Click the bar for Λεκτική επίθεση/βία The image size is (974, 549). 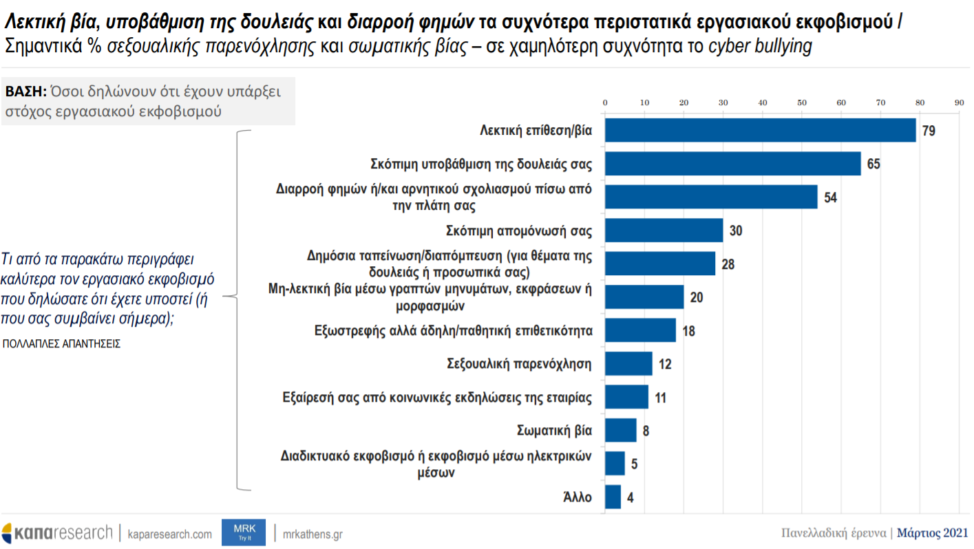click(760, 130)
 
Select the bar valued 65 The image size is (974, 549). click(732, 164)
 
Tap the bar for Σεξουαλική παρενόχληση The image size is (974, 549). click(628, 363)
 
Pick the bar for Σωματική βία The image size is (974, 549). click(620, 430)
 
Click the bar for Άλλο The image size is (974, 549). click(613, 497)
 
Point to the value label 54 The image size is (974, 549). click(830, 197)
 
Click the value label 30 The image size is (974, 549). click(736, 230)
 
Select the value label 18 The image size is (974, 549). click(688, 331)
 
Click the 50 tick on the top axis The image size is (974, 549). click(801, 103)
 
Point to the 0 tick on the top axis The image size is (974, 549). click(605, 103)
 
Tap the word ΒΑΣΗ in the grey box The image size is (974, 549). click(25, 91)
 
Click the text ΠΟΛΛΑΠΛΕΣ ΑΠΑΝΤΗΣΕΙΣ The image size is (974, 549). click(61, 343)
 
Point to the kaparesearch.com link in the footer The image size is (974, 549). click(170, 534)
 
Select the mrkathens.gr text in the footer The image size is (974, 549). click(313, 534)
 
